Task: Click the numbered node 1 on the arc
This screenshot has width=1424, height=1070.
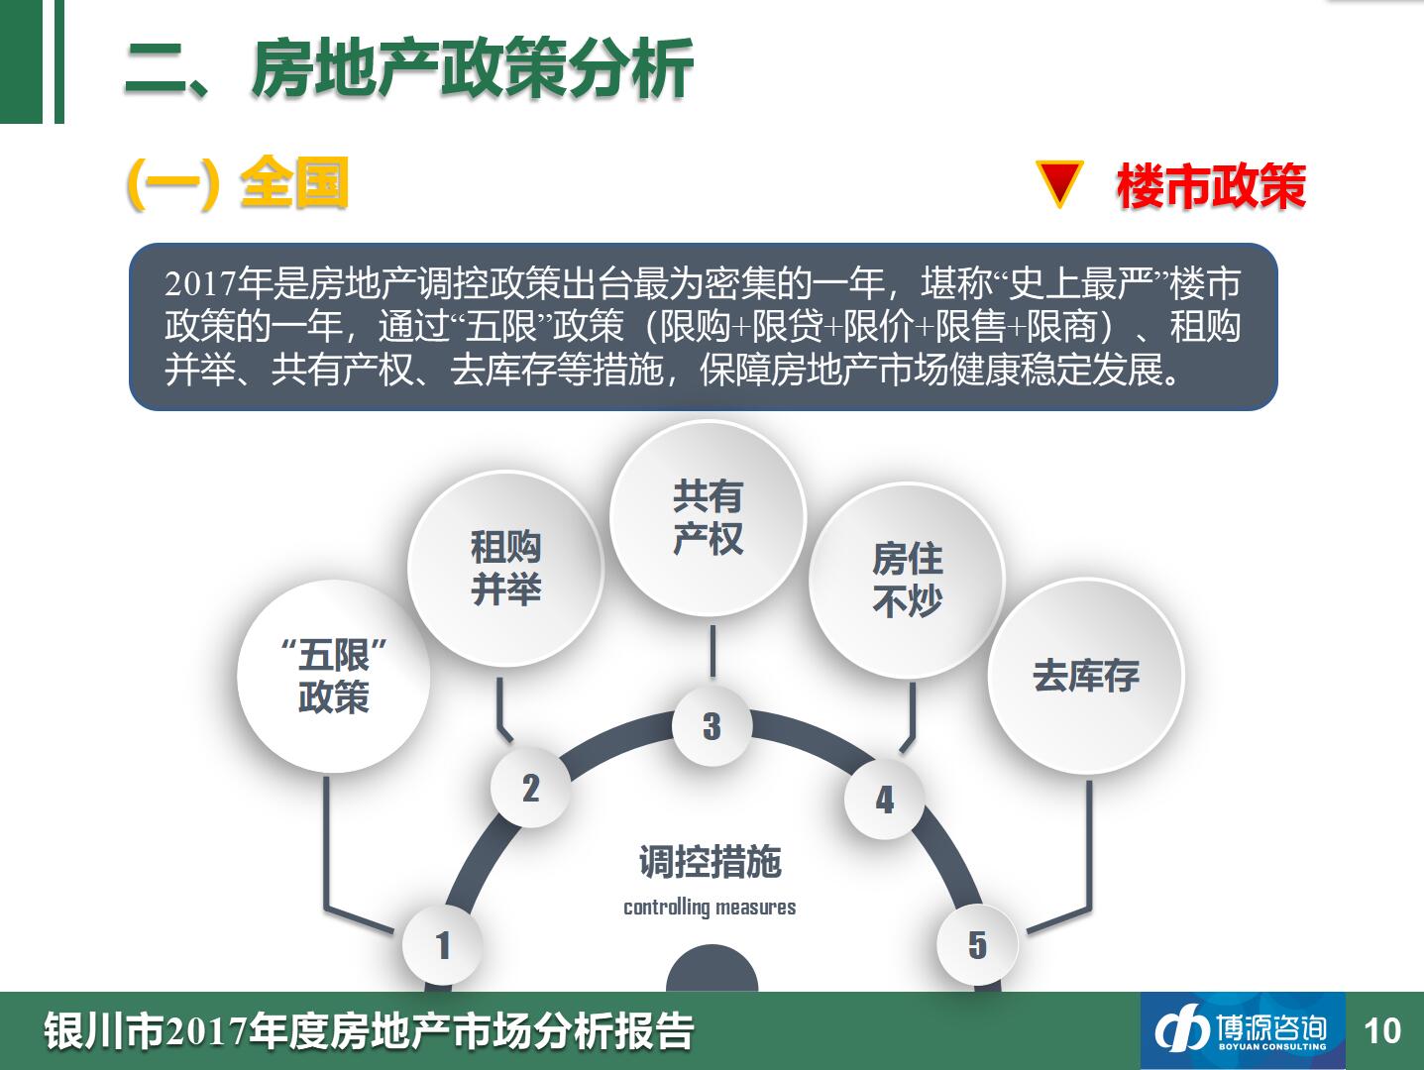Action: click(x=442, y=945)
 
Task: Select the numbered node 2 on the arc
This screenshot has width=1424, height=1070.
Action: click(x=531, y=788)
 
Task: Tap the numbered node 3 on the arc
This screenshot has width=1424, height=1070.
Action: click(x=712, y=725)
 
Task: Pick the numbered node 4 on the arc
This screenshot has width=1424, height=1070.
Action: click(x=884, y=800)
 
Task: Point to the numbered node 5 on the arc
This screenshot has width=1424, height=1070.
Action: click(x=977, y=945)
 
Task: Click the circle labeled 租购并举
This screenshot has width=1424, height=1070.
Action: click(x=505, y=569)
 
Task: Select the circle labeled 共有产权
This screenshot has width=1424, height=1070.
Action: click(x=708, y=518)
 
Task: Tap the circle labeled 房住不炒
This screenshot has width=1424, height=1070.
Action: click(x=907, y=581)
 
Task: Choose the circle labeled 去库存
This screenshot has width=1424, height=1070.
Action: click(x=1086, y=676)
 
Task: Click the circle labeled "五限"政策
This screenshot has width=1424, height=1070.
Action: click(x=334, y=677)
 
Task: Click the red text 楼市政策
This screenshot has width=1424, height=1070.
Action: click(x=1211, y=187)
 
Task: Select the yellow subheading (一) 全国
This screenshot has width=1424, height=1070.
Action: click(x=238, y=183)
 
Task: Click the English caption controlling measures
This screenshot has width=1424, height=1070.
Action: click(x=710, y=907)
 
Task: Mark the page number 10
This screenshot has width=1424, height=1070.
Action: click(x=1382, y=1031)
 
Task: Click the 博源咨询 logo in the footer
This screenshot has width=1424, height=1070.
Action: click(x=1243, y=1031)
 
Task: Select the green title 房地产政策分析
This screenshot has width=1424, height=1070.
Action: click(x=473, y=68)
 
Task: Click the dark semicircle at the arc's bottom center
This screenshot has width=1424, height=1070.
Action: click(x=712, y=970)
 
